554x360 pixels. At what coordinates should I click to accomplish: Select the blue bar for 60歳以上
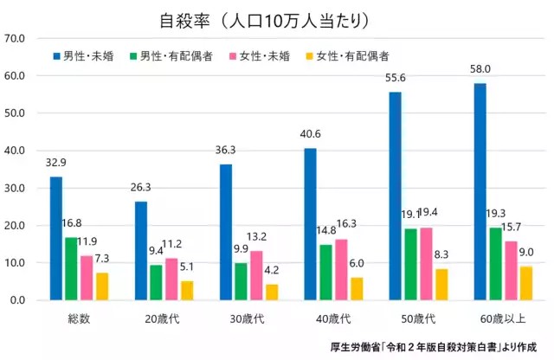[480, 192]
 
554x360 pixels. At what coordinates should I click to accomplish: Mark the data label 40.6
[310, 134]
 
